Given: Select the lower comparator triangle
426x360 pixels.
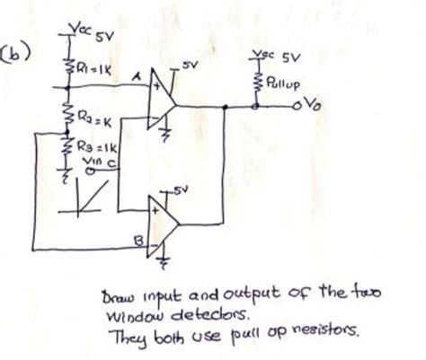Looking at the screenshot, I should click(x=165, y=224).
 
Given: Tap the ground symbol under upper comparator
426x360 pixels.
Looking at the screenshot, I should click(x=166, y=136).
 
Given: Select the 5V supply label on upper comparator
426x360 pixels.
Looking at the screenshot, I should click(x=186, y=67).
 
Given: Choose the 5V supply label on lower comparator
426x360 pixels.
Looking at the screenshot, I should click(x=181, y=189).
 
